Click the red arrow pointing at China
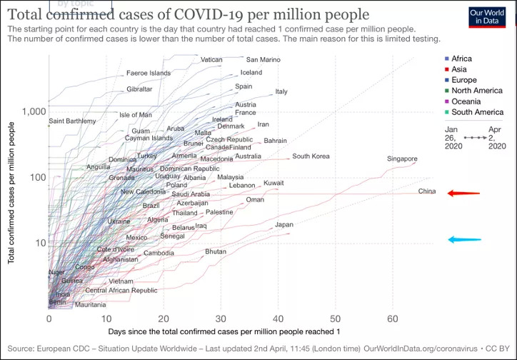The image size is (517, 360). point(463,193)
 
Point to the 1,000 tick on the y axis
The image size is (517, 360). point(32,112)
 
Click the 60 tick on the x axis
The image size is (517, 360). point(393,319)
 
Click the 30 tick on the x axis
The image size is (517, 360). point(221,319)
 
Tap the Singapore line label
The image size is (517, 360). point(402,159)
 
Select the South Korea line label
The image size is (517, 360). point(311,156)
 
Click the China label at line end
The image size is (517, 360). point(426,191)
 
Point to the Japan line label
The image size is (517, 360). point(284,225)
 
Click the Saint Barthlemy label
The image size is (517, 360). point(72,121)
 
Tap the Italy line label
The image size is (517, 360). point(281,92)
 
